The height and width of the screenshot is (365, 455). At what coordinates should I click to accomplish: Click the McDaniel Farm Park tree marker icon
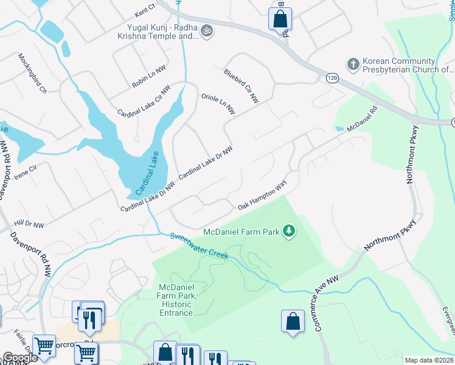click(x=290, y=231)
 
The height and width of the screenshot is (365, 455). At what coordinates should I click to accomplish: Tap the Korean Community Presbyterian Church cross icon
click(x=352, y=64)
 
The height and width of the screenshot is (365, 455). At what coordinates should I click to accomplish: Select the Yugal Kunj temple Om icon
click(x=207, y=30)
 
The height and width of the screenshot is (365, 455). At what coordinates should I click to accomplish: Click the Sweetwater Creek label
click(x=199, y=246)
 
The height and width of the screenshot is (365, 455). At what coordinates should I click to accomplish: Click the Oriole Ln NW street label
click(x=218, y=104)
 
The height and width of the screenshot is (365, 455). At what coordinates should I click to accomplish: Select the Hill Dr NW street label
click(x=29, y=225)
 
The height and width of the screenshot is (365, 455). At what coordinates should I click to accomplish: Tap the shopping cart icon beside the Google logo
click(x=44, y=346)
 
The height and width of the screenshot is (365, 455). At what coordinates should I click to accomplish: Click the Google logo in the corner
click(x=19, y=358)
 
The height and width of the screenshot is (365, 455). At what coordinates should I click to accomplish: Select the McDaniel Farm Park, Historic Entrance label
click(x=176, y=300)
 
